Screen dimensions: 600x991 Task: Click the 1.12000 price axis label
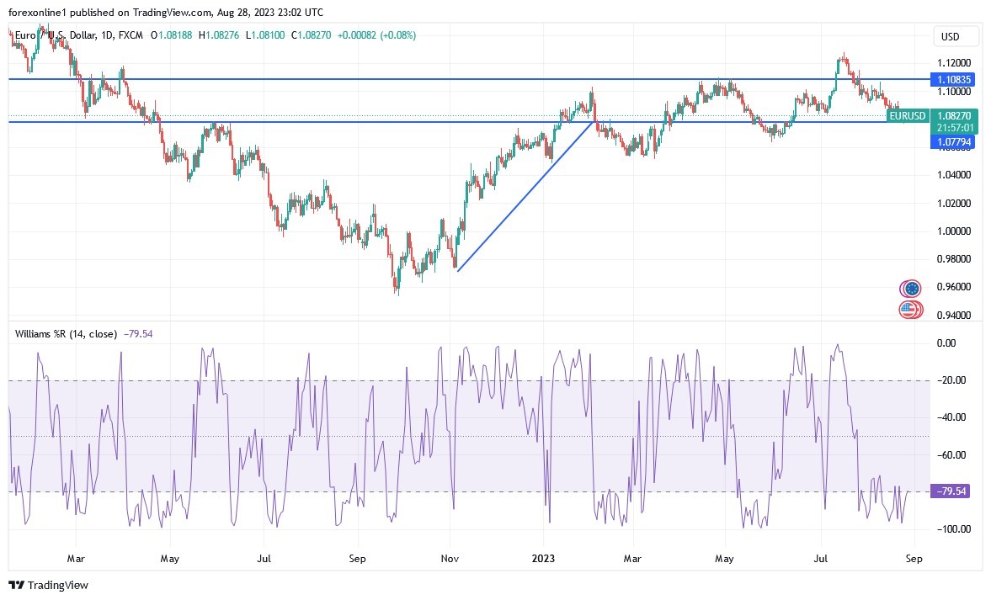pyautogui.click(x=954, y=63)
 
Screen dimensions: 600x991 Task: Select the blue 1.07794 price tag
pyautogui.click(x=953, y=142)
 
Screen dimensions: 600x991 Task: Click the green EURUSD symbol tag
pyautogui.click(x=908, y=116)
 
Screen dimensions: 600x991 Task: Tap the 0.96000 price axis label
pyautogui.click(x=954, y=287)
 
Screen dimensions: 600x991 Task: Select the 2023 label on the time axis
pyautogui.click(x=543, y=557)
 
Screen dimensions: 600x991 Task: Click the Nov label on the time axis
pyautogui.click(x=450, y=557)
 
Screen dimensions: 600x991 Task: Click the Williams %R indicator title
pyautogui.click(x=66, y=334)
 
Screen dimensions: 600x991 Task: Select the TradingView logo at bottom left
pyautogui.click(x=48, y=585)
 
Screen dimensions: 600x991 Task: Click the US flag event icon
pyautogui.click(x=908, y=309)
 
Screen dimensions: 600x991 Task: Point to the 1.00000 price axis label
pyautogui.click(x=954, y=231)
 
